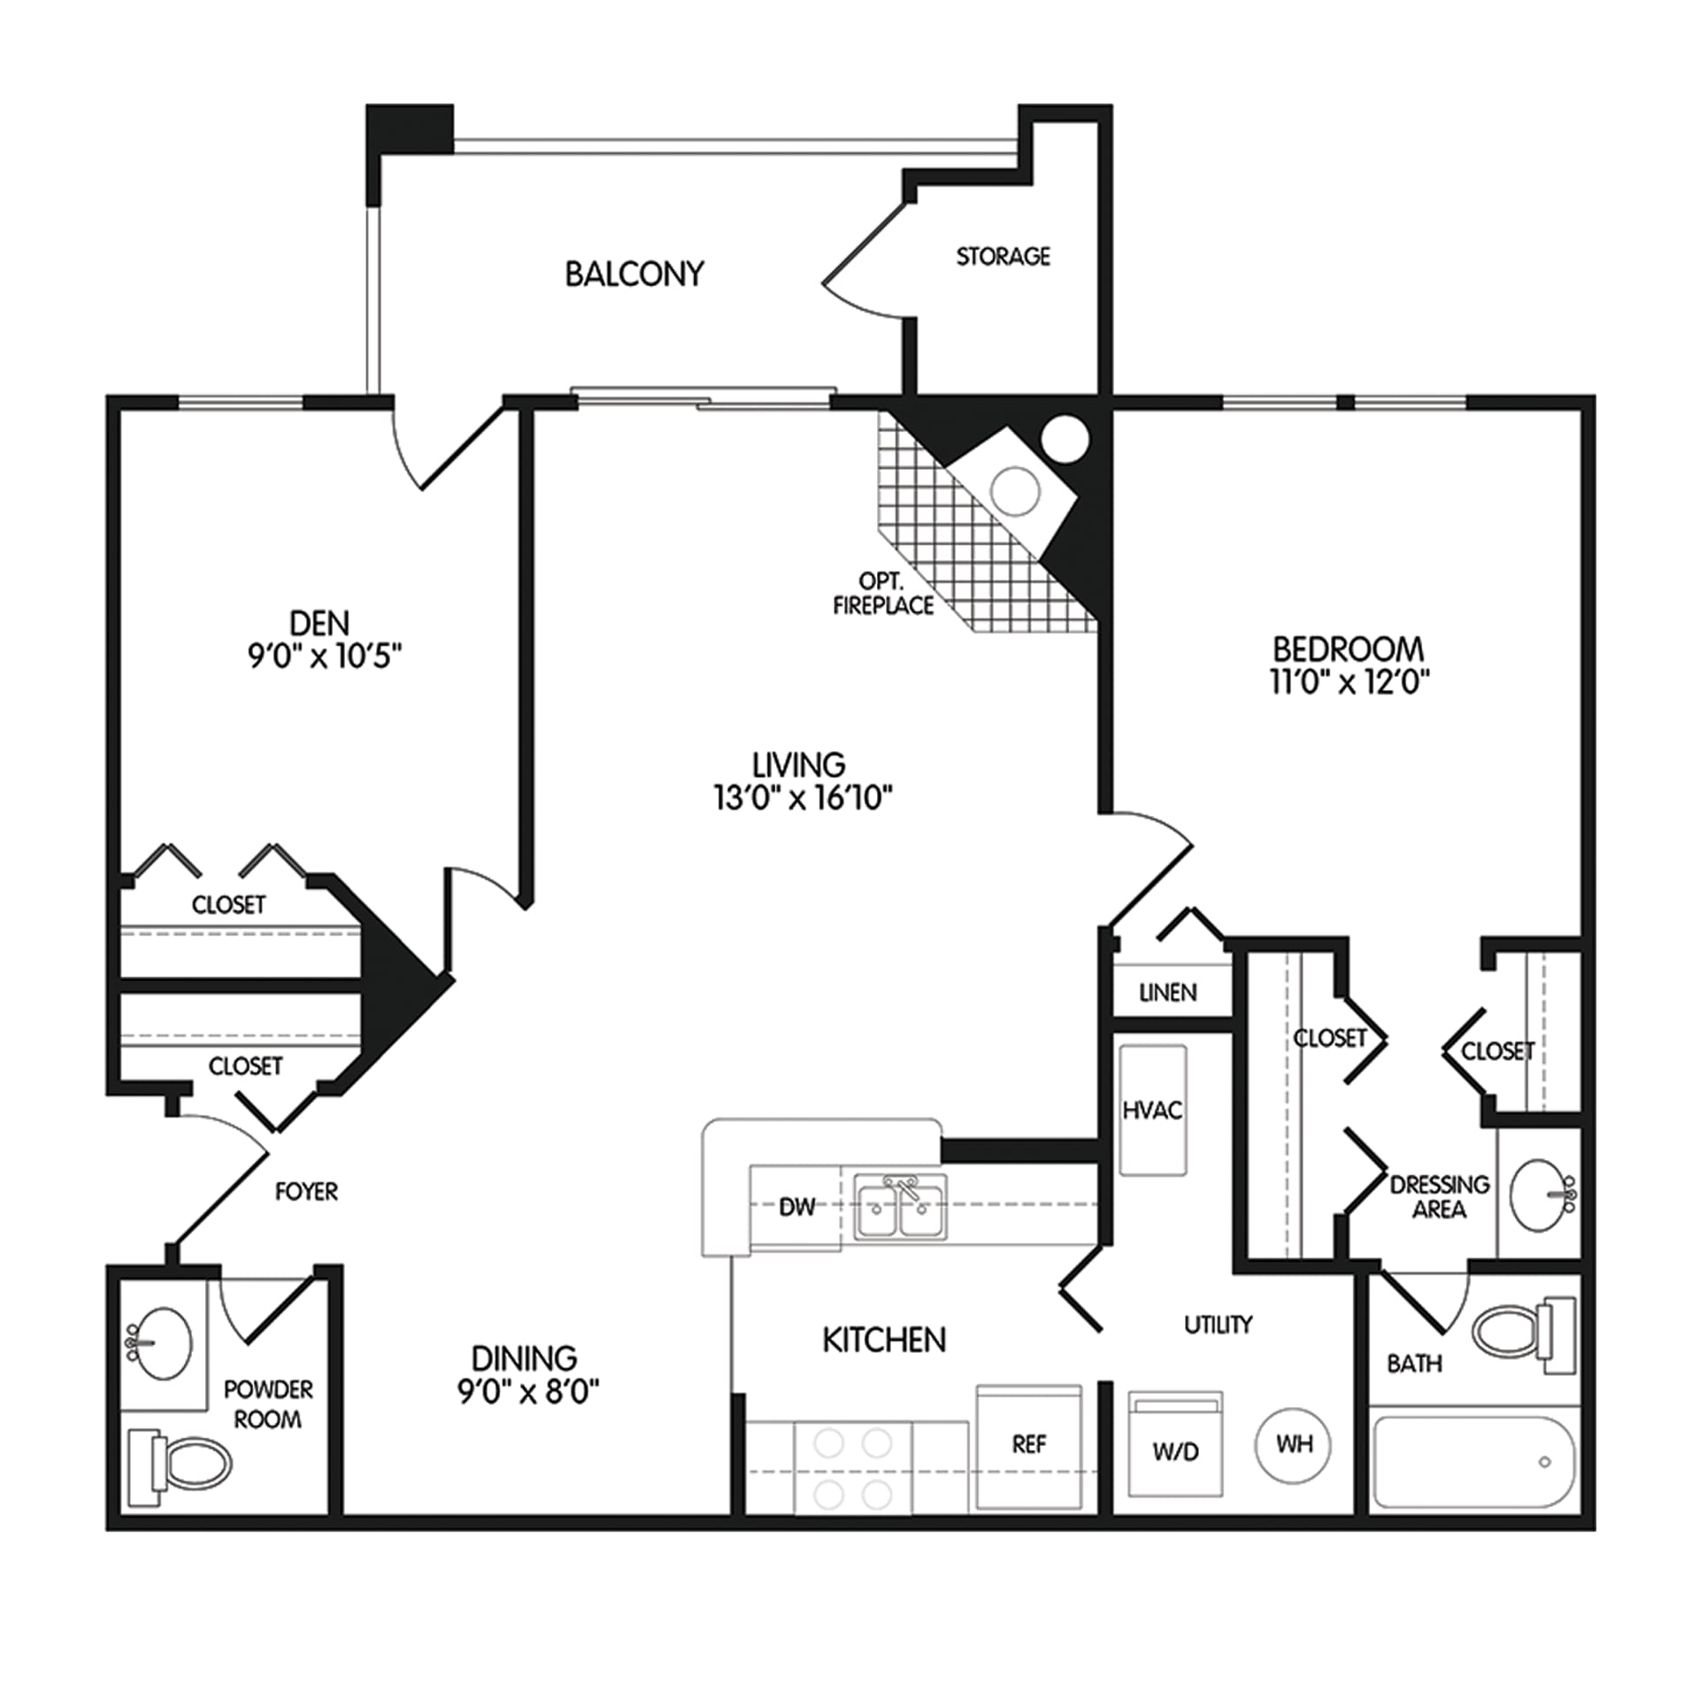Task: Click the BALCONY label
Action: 634,273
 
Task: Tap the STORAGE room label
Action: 1003,257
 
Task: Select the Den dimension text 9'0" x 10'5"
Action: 325,656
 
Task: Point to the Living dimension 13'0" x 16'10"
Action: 803,797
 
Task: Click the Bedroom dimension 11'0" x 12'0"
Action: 1349,681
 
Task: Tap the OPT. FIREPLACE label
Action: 883,594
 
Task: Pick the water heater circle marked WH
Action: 1294,1445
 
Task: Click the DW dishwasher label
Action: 796,1207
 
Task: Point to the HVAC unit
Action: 1152,1111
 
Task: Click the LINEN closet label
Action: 1168,993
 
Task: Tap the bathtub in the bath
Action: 1473,1463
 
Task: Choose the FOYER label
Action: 306,1191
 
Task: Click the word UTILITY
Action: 1219,1324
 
